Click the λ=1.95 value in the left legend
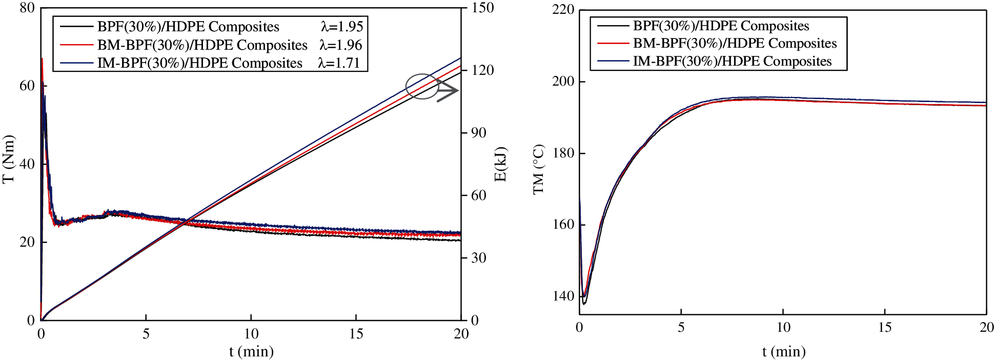click(342, 27)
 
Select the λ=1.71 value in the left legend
click(339, 63)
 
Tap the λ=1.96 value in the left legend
click(341, 45)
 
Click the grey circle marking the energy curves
click(422, 86)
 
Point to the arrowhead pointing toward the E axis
click(453, 91)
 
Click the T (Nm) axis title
click(9, 159)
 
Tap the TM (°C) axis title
click(538, 170)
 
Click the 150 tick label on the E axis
click(482, 8)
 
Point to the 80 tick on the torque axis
click(27, 8)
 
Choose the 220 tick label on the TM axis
click(563, 10)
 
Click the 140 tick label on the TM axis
click(563, 296)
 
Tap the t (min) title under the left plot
click(251, 351)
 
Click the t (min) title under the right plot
click(783, 351)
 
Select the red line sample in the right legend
click(613, 44)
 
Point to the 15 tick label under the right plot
click(885, 327)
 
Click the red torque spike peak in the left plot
click(42, 58)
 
